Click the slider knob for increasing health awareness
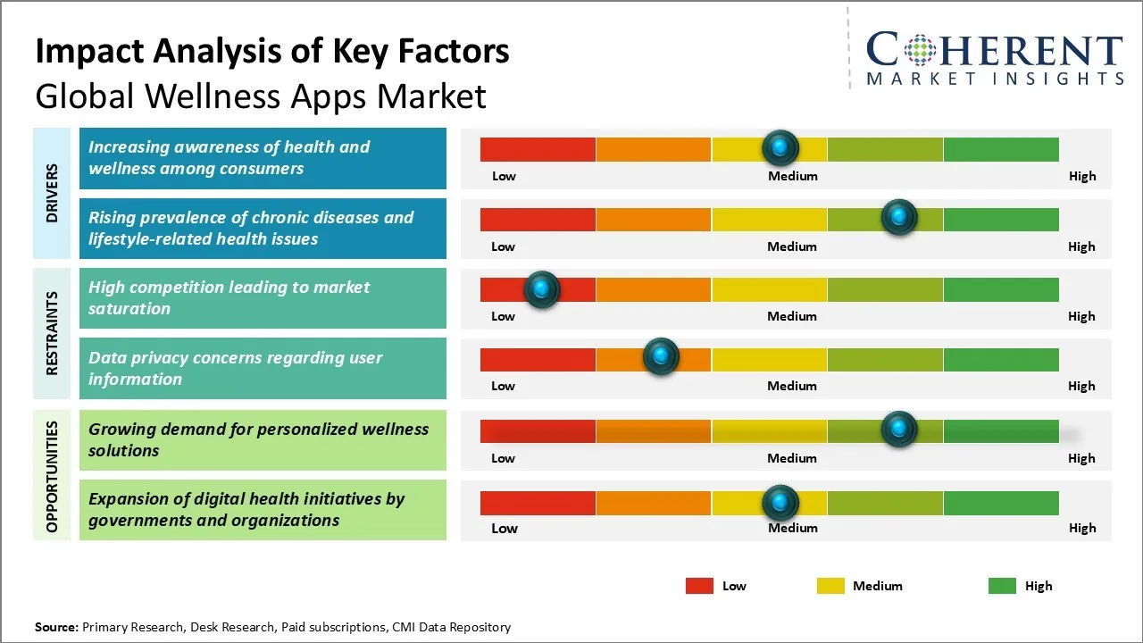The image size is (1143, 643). [780, 147]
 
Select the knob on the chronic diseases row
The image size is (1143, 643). [898, 217]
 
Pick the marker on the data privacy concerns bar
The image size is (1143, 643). [661, 357]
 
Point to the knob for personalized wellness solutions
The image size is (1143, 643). [898, 430]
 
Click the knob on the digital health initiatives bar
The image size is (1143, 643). [780, 503]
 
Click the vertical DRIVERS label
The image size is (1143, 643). [52, 193]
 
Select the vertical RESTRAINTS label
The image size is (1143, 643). [52, 333]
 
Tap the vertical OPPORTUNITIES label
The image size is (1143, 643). [52, 476]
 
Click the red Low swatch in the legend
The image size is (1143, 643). [699, 586]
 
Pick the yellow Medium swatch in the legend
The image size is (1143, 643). [830, 586]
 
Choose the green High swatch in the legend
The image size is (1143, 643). [1002, 586]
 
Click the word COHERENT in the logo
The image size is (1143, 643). [994, 50]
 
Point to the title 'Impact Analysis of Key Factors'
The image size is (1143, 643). [272, 51]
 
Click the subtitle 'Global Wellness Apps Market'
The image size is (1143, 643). [261, 96]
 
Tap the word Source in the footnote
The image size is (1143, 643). [56, 627]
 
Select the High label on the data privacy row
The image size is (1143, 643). [1081, 386]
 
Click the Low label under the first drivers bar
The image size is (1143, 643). [504, 176]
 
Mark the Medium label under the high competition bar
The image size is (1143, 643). [792, 316]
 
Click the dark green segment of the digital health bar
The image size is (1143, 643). [1000, 503]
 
